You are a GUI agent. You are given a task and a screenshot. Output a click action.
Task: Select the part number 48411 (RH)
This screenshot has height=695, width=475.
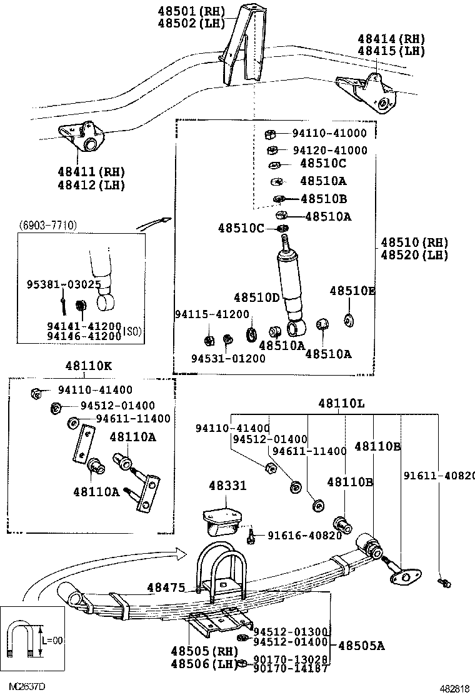tap(91, 172)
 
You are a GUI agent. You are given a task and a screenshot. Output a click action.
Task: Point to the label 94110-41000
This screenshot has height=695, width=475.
tap(330, 133)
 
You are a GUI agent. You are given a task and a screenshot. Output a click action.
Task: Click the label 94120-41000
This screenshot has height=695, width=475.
tap(330, 151)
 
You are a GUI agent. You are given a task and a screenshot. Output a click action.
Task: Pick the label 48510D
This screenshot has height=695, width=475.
tap(257, 297)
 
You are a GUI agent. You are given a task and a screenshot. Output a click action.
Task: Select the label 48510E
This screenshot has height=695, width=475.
tap(352, 291)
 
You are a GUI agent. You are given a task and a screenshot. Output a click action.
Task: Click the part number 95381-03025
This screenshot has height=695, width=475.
tap(64, 284)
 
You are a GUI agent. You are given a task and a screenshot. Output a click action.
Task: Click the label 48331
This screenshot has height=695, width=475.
tap(227, 486)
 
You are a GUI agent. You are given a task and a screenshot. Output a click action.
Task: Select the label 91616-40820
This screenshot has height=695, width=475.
tap(305, 536)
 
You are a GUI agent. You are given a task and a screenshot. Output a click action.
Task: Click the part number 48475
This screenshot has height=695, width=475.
tap(166, 587)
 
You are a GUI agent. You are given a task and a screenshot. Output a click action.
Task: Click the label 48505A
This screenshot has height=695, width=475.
tap(361, 646)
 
